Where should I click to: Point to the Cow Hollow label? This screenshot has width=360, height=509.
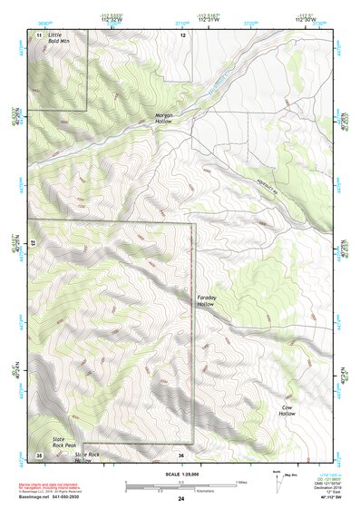(x=288, y=413)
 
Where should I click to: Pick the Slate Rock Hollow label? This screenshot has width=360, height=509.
(x=87, y=457)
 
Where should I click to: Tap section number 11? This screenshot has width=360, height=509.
(x=39, y=34)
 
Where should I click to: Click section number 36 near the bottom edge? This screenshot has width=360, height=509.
(x=181, y=455)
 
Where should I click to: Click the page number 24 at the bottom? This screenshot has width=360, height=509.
(x=180, y=500)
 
